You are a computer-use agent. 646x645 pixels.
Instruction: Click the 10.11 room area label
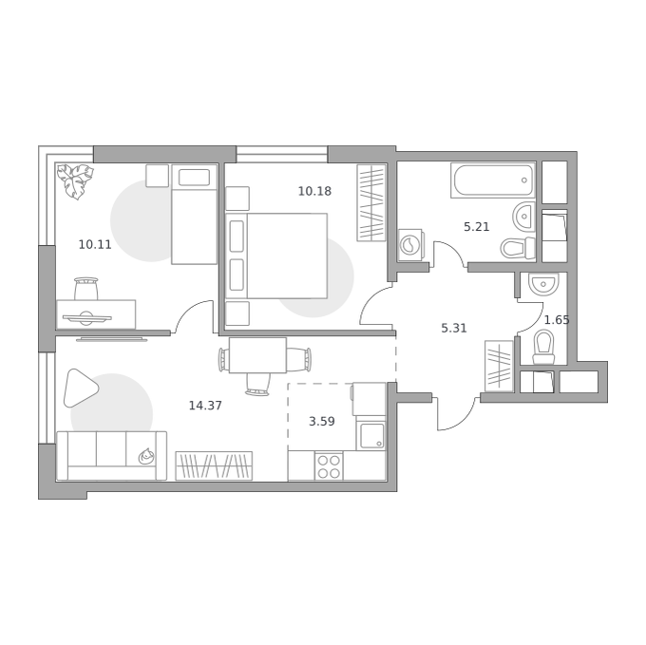pos(95,245)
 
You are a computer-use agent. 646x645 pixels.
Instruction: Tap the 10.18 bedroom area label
pos(314,191)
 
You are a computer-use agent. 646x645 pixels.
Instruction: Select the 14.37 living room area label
pos(205,406)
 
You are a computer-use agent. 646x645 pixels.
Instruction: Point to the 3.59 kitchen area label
pos(322,422)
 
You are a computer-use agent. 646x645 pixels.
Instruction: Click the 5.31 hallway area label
pos(454,329)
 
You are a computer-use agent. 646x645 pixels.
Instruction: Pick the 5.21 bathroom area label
pos(477,227)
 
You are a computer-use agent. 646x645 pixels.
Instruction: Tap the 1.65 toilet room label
pos(557,320)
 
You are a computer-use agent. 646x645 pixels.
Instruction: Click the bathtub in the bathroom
pos(493,180)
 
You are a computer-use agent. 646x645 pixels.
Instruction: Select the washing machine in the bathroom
pos(410,245)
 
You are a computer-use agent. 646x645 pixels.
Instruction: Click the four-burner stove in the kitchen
pos(329,465)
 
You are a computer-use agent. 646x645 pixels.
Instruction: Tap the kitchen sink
pos(371,435)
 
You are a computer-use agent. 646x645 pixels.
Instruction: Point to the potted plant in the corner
pos(75,180)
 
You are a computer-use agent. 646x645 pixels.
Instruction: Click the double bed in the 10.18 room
pos(276,256)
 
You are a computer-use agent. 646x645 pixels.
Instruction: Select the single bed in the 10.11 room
pos(194,214)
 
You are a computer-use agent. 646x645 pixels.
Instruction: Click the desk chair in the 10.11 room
pos(86,289)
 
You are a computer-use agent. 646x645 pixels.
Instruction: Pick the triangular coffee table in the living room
pos(81,388)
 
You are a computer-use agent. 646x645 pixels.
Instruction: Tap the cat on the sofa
pos(146,456)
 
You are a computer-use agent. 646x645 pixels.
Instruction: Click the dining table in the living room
pos(257,355)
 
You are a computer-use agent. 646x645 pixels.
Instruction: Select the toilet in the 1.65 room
pos(543,348)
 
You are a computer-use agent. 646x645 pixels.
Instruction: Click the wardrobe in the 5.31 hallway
pos(499,366)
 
